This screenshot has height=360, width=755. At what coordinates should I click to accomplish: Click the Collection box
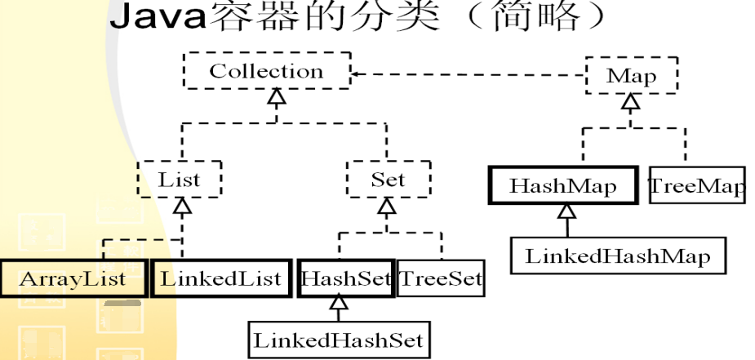coord(266,73)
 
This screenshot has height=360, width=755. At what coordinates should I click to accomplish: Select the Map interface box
coord(632,77)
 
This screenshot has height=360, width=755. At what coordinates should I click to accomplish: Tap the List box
coord(179,179)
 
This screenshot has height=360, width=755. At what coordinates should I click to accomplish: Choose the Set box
coord(387,179)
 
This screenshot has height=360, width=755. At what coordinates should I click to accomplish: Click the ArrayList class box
coord(73,278)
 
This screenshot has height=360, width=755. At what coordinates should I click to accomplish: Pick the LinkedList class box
coord(220,278)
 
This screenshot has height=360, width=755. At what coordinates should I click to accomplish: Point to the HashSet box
coord(347,278)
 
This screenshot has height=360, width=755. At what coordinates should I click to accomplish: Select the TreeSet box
coord(440,278)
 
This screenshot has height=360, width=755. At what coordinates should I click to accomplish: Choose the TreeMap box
coord(696,186)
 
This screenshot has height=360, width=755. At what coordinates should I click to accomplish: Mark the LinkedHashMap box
coord(617,256)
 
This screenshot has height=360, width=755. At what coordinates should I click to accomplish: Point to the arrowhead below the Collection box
coord(277,100)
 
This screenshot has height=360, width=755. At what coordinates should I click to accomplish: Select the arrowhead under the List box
coord(183,207)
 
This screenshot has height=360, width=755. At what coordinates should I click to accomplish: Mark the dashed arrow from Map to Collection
coord(465,75)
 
